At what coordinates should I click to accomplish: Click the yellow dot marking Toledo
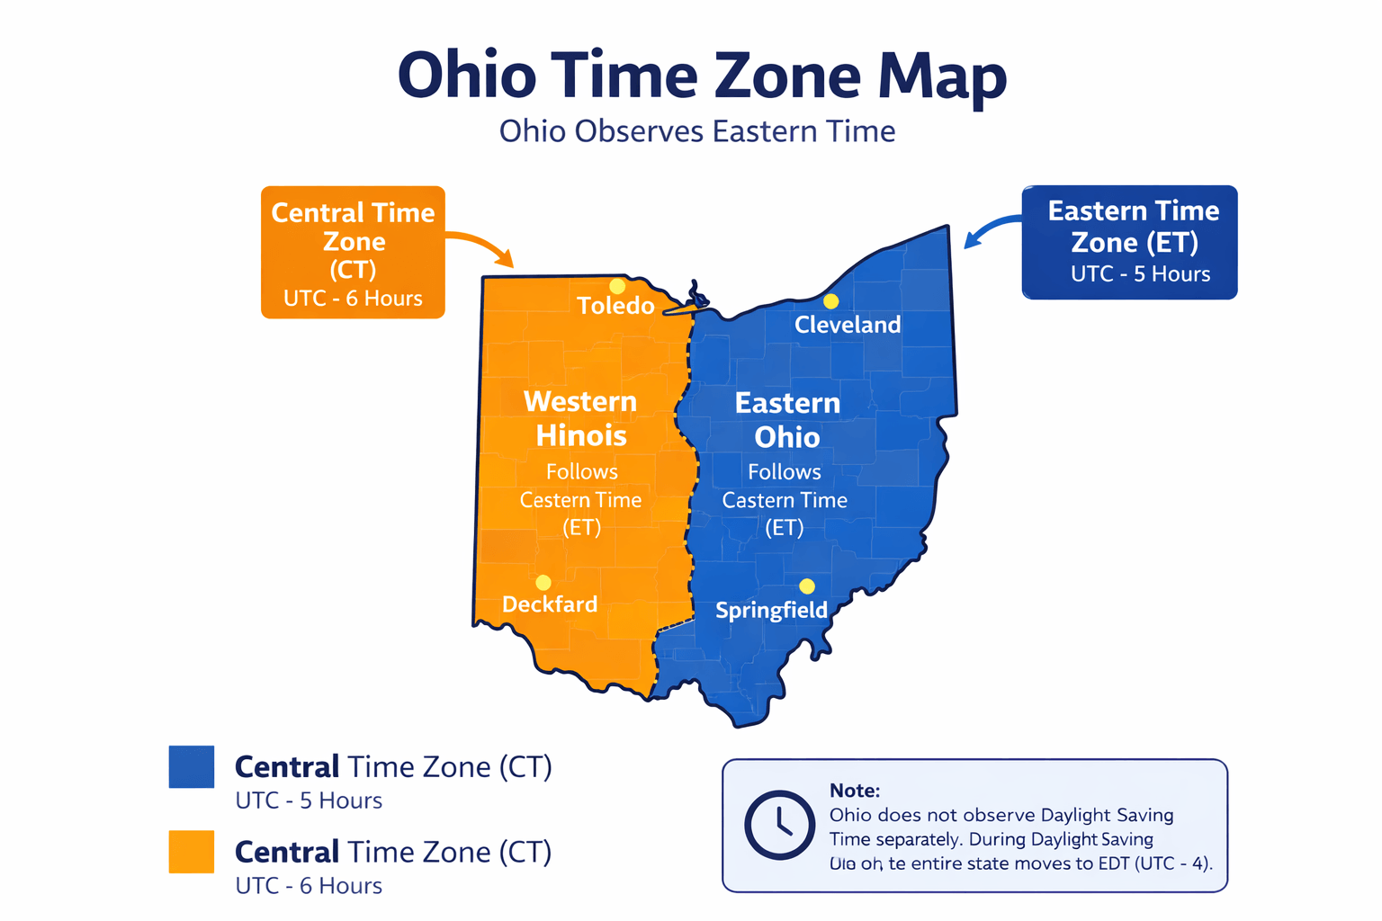tap(616, 286)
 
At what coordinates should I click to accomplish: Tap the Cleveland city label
tap(847, 325)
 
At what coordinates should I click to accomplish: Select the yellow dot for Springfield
tap(807, 586)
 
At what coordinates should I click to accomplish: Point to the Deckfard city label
tap(549, 604)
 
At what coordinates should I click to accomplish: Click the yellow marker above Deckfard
tap(543, 583)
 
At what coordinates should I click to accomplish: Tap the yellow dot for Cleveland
tap(830, 301)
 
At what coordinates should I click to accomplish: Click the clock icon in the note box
tap(779, 825)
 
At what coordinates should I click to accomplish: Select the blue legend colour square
tap(192, 767)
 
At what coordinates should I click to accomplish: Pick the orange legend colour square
tap(192, 852)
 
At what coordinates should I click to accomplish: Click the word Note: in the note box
tap(854, 791)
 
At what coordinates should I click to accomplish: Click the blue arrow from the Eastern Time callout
tap(991, 229)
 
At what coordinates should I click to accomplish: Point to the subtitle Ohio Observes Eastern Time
tap(697, 131)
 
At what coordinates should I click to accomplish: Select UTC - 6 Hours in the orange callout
tap(353, 299)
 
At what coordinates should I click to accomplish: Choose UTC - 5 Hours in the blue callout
tap(1140, 274)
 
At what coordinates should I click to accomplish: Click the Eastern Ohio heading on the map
tap(787, 420)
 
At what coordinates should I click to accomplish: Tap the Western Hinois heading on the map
tap(580, 418)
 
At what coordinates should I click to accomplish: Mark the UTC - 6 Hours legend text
tap(309, 886)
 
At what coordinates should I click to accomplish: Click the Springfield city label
tap(771, 611)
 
